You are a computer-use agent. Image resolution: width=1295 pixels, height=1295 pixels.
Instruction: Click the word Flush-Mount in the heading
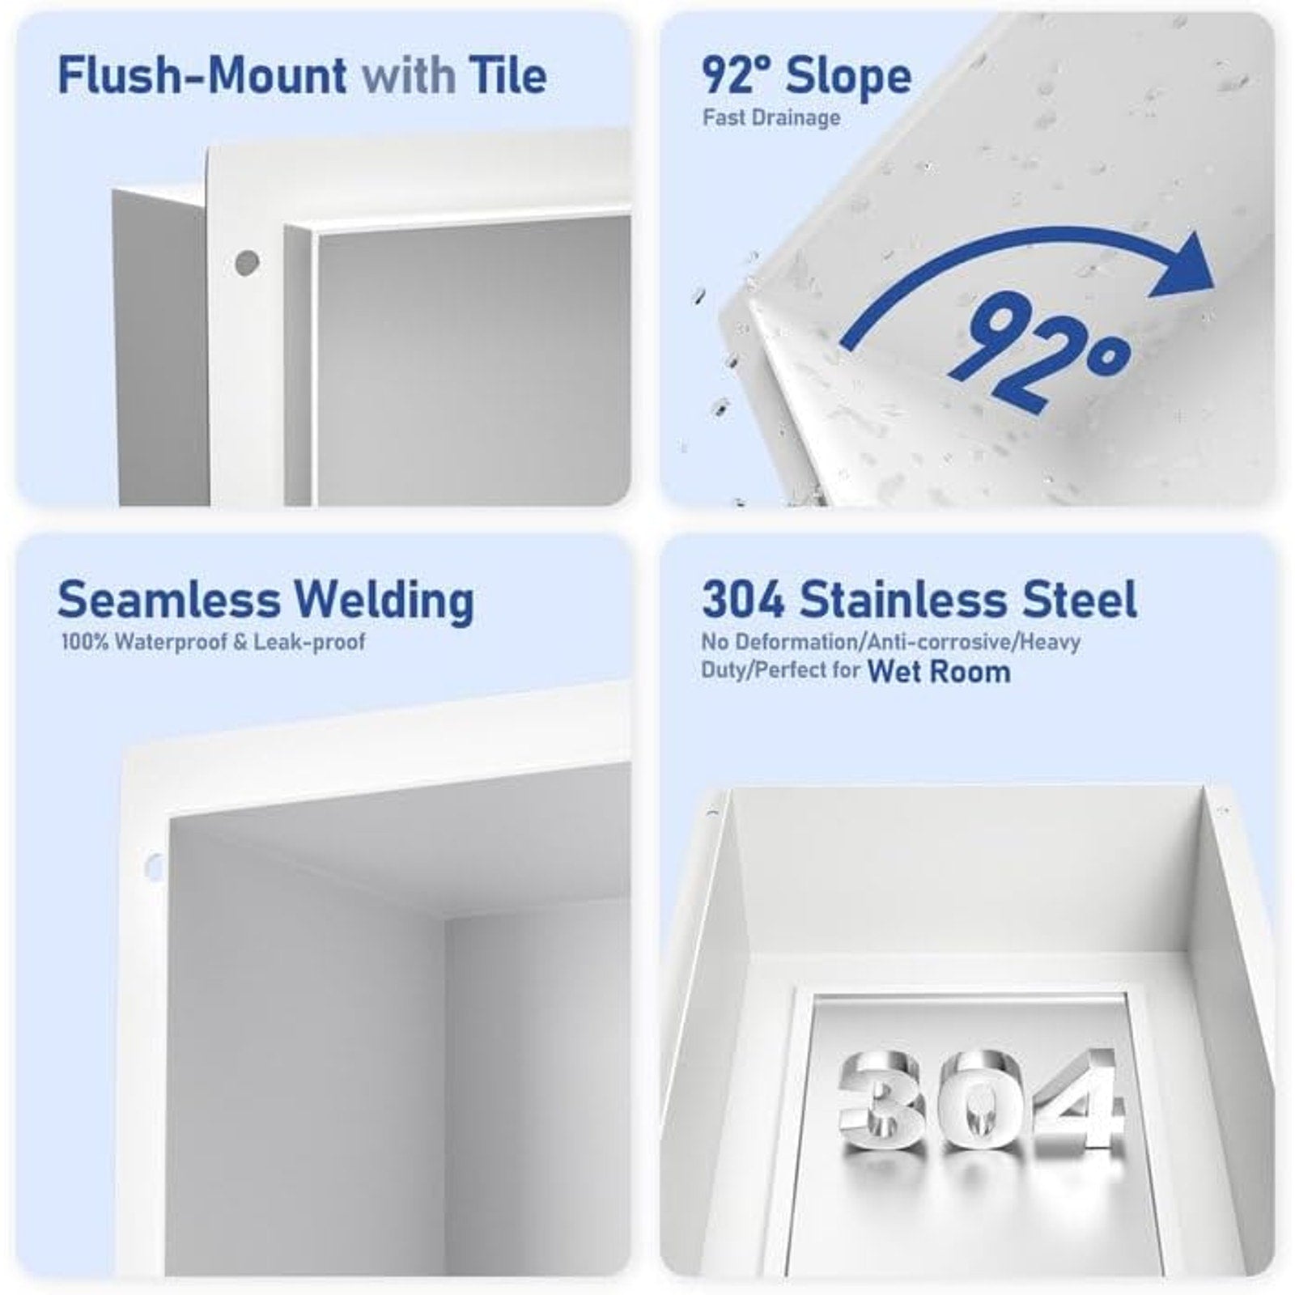(202, 75)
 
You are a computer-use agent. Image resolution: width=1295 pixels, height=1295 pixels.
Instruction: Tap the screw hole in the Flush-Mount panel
(246, 262)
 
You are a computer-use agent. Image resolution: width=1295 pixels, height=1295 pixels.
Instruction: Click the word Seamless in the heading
(168, 600)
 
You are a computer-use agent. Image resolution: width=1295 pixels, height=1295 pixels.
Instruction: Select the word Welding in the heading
(384, 601)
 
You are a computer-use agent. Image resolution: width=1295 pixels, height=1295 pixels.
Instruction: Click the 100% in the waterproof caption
(86, 643)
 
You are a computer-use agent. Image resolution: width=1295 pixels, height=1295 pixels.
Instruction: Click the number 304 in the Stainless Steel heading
(743, 600)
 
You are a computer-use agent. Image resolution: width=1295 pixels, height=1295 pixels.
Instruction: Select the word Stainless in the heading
(906, 600)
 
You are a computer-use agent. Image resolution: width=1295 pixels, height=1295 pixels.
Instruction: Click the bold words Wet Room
(939, 672)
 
